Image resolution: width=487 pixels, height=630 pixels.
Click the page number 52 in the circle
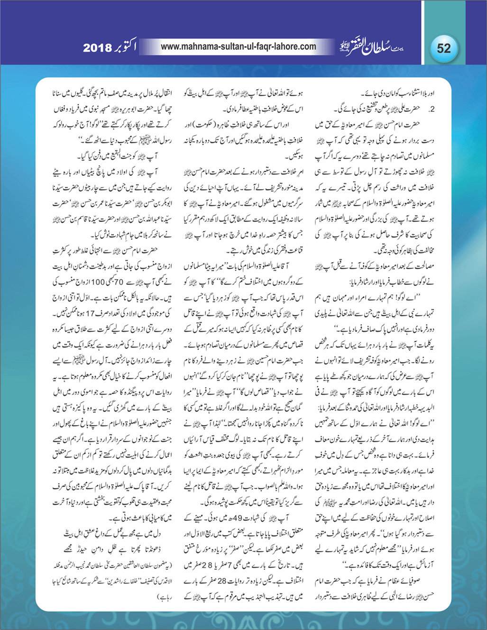tap(444, 48)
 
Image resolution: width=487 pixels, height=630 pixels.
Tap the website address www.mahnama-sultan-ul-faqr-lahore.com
tap(239, 47)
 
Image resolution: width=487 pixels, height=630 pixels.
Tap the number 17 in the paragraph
tap(94, 313)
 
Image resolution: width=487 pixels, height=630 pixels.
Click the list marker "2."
tap(432, 109)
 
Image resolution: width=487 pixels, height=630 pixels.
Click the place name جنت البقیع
tap(111, 156)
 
